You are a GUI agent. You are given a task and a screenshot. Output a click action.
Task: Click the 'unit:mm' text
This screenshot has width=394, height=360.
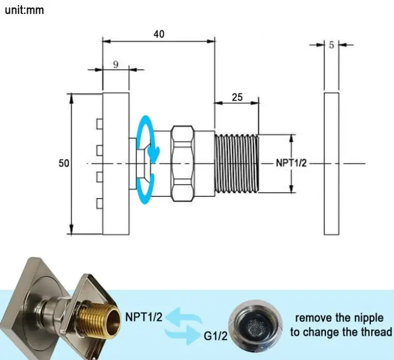click(x=24, y=10)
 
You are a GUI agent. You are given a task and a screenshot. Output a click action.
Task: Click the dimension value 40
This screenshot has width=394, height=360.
click(x=159, y=34)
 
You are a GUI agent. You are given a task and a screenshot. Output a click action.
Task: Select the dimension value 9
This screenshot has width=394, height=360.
click(x=116, y=64)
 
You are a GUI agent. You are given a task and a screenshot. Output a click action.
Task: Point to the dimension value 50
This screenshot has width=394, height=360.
click(x=64, y=163)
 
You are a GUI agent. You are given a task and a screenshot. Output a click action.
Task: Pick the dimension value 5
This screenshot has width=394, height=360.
click(x=332, y=45)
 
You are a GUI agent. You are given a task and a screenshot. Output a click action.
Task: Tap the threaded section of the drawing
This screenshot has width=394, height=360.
click(x=237, y=163)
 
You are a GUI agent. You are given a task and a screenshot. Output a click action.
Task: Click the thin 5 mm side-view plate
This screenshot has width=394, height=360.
click(x=332, y=163)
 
